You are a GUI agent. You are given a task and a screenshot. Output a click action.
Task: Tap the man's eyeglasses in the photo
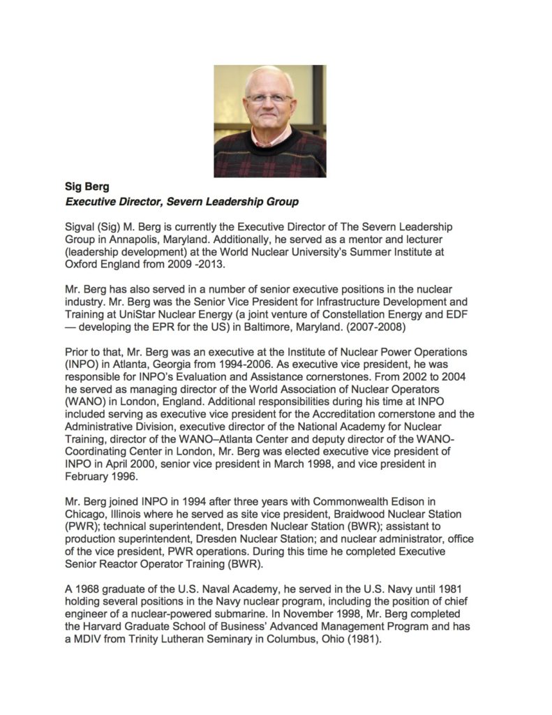tap(269, 98)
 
